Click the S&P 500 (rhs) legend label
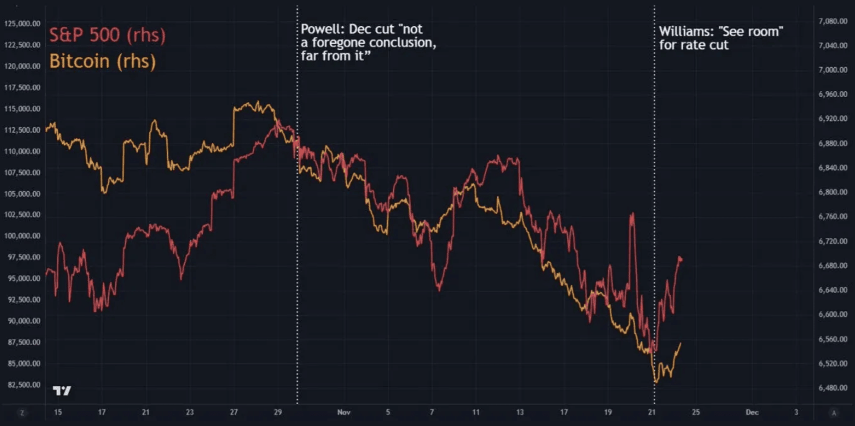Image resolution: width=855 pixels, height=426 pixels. (x=107, y=35)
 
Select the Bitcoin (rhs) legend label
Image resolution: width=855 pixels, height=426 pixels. (x=103, y=61)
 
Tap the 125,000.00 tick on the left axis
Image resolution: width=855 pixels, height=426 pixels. (x=22, y=24)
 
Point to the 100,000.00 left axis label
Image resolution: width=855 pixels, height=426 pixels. (x=22, y=236)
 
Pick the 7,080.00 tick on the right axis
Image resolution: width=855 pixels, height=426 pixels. (x=833, y=21)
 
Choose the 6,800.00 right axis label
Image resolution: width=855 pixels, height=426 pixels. (x=833, y=192)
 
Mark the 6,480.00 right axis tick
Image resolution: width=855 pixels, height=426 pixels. (x=833, y=388)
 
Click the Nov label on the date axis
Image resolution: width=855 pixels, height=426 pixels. (x=343, y=412)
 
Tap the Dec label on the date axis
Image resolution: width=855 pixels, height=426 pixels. (x=752, y=412)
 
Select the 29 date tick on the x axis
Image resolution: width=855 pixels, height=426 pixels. (x=278, y=412)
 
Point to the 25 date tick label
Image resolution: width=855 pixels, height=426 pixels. (x=696, y=412)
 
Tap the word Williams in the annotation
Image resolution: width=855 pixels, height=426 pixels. (x=685, y=31)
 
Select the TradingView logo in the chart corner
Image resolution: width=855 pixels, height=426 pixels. (x=62, y=390)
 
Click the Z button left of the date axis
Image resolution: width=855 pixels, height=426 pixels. (x=22, y=413)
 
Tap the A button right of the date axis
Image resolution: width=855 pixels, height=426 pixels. (x=834, y=413)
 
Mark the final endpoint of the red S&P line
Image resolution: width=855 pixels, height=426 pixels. (x=681, y=259)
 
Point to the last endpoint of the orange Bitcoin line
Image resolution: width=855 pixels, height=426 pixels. (x=680, y=344)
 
